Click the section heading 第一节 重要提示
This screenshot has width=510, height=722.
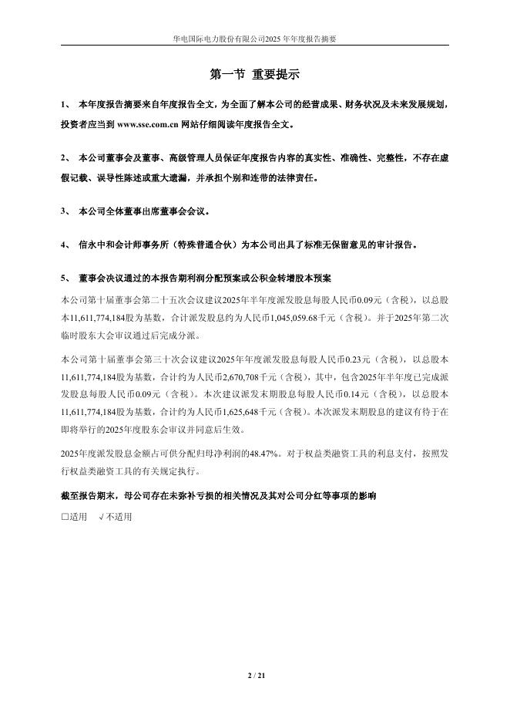tap(254, 75)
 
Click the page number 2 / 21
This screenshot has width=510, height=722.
tap(255, 677)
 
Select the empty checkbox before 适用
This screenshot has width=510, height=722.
tap(65, 517)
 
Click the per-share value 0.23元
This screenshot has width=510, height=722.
tap(353, 359)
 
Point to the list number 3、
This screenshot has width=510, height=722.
tap(65, 211)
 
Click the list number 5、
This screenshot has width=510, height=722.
tap(65, 278)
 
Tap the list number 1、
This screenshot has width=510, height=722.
tap(65, 103)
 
